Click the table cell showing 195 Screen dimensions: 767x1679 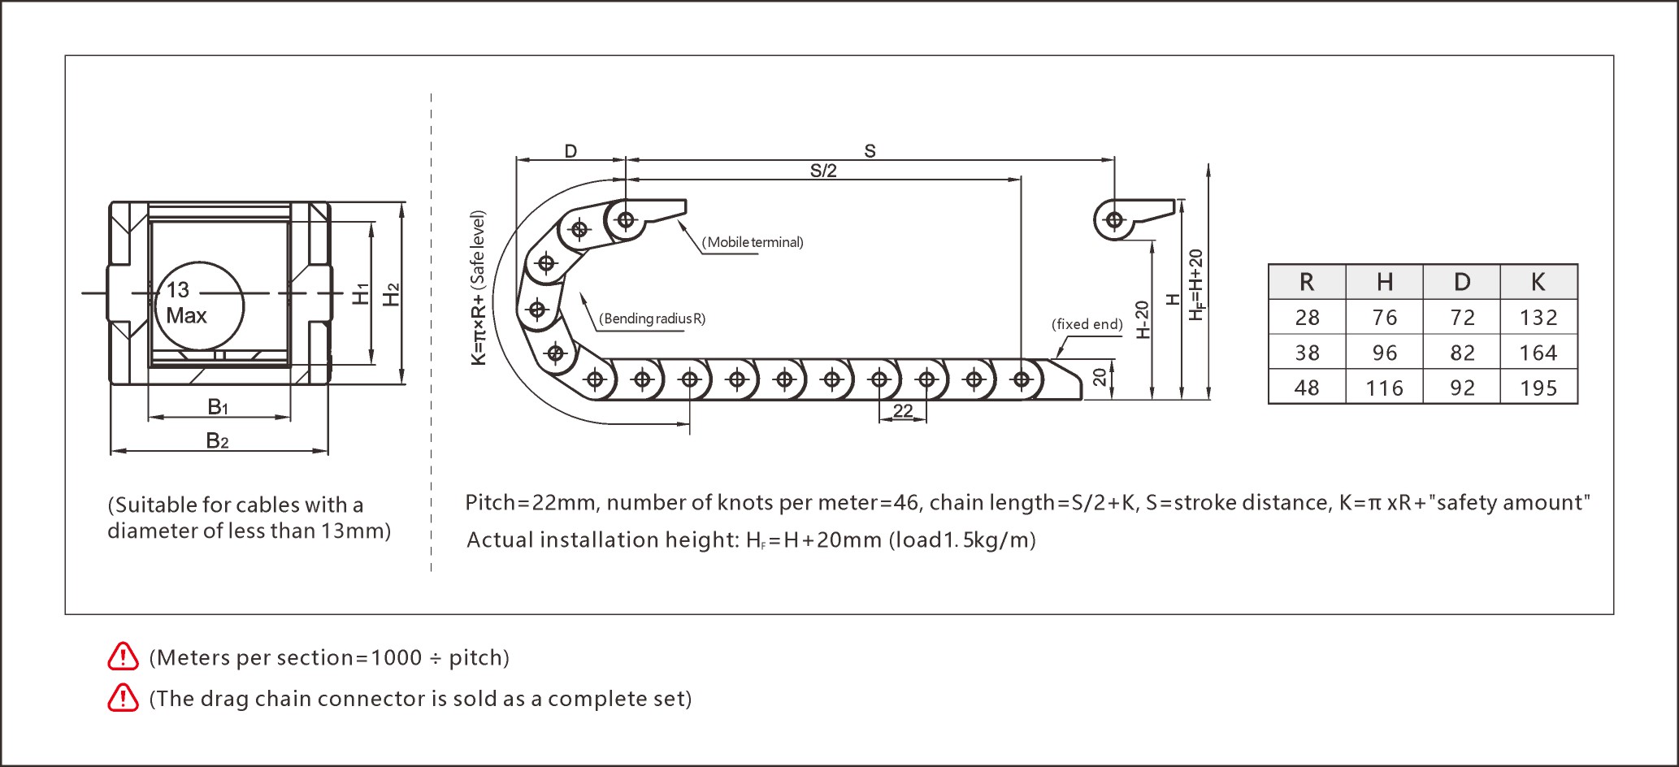pyautogui.click(x=1538, y=388)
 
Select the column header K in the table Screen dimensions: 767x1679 pyautogui.click(x=1538, y=282)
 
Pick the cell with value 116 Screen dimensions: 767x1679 pyautogui.click(x=1384, y=388)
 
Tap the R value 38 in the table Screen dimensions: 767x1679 pyautogui.click(x=1307, y=353)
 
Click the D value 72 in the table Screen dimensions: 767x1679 pyautogui.click(x=1462, y=318)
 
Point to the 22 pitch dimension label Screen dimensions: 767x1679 pyautogui.click(x=902, y=411)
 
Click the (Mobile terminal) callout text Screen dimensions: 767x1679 pyautogui.click(x=753, y=242)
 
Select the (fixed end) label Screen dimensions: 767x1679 pyautogui.click(x=1087, y=324)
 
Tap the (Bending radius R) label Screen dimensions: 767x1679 pyautogui.click(x=652, y=318)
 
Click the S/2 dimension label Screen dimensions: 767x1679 pyautogui.click(x=822, y=171)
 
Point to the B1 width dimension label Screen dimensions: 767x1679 pyautogui.click(x=218, y=406)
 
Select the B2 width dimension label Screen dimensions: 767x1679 pyautogui.click(x=217, y=440)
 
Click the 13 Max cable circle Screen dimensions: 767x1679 pyautogui.click(x=199, y=305)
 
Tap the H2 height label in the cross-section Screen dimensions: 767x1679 pyautogui.click(x=392, y=294)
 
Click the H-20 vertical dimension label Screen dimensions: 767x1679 pyautogui.click(x=1142, y=319)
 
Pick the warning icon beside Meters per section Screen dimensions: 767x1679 pyautogui.click(x=123, y=656)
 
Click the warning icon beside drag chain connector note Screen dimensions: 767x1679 pyautogui.click(x=123, y=698)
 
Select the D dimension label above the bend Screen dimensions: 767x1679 pyautogui.click(x=571, y=151)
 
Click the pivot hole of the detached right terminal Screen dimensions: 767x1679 pyautogui.click(x=1114, y=220)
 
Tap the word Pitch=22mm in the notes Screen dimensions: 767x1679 pyautogui.click(x=530, y=503)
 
